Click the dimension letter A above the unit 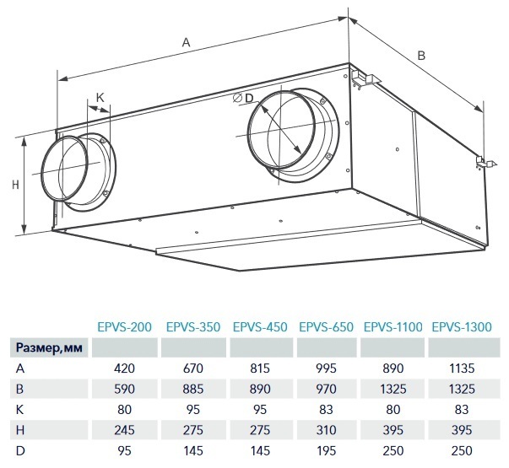pos(186,42)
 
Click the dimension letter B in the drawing pos(421,56)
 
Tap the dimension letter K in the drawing pos(100,97)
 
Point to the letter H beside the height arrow pos(15,185)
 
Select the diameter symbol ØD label pos(243,98)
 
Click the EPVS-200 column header pos(125,327)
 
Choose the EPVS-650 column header pos(326,327)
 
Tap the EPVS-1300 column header pos(462,327)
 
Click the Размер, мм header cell pos(49,348)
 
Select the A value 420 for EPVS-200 pos(124,368)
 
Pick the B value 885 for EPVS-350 pos(193,389)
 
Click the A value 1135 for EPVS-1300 pos(462,368)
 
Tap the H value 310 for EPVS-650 pos(326,430)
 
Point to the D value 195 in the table pos(326,451)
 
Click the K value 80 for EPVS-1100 pos(393,410)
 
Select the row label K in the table pos(19,410)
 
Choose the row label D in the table pos(19,451)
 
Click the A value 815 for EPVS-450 pos(260,368)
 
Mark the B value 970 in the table pos(326,389)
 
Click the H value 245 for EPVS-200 pos(124,430)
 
